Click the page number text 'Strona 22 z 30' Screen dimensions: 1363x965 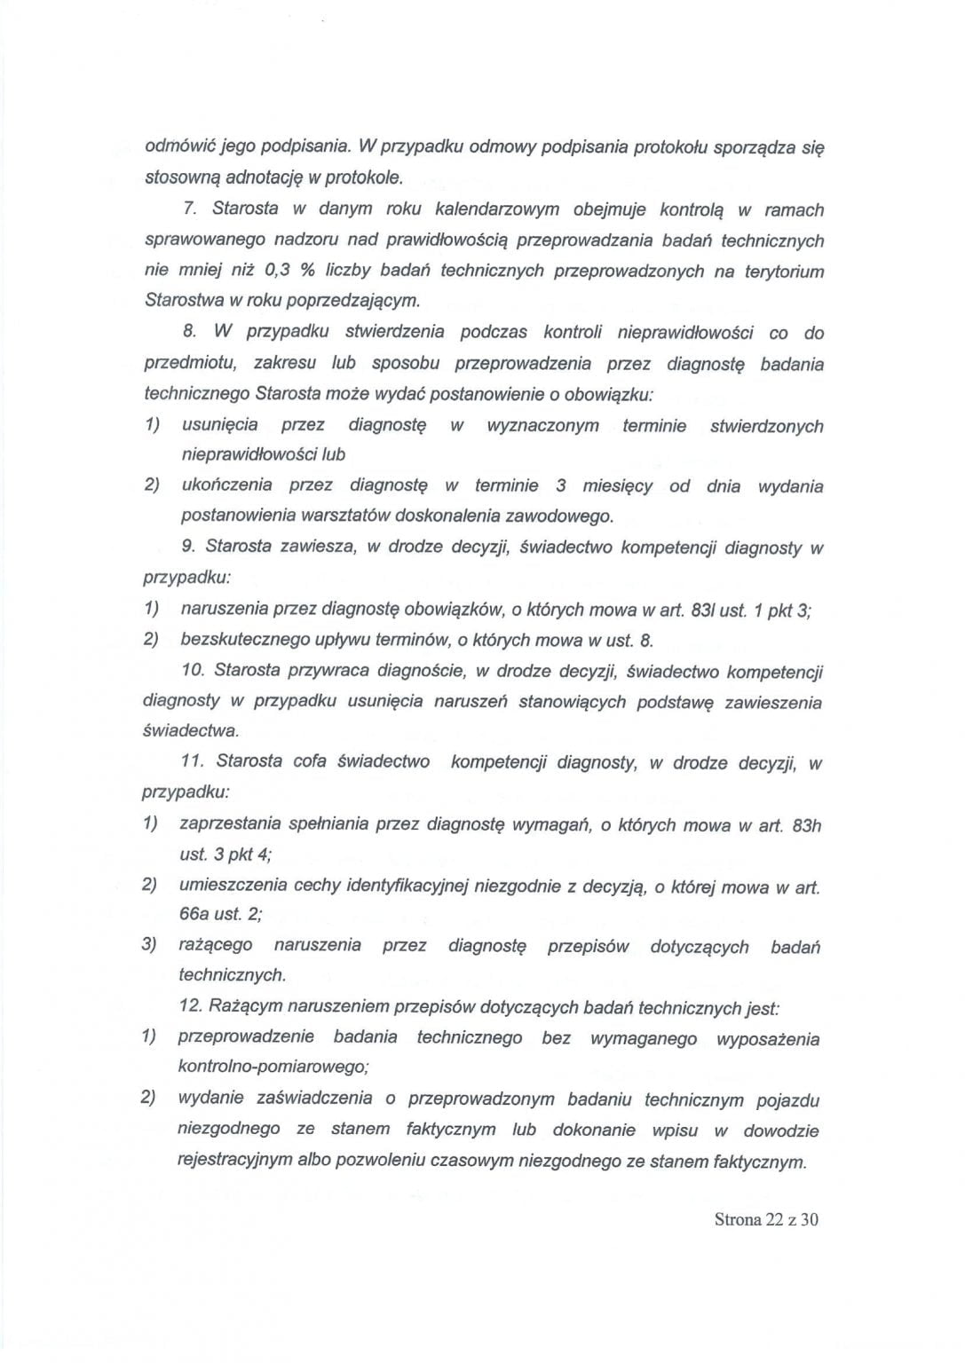(x=765, y=1219)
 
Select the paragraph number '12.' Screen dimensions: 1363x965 (x=192, y=1007)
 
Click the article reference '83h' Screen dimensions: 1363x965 (x=806, y=826)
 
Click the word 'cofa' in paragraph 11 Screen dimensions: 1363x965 (x=309, y=761)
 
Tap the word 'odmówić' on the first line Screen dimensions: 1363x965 (x=177, y=145)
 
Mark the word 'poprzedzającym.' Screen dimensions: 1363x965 (x=352, y=300)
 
